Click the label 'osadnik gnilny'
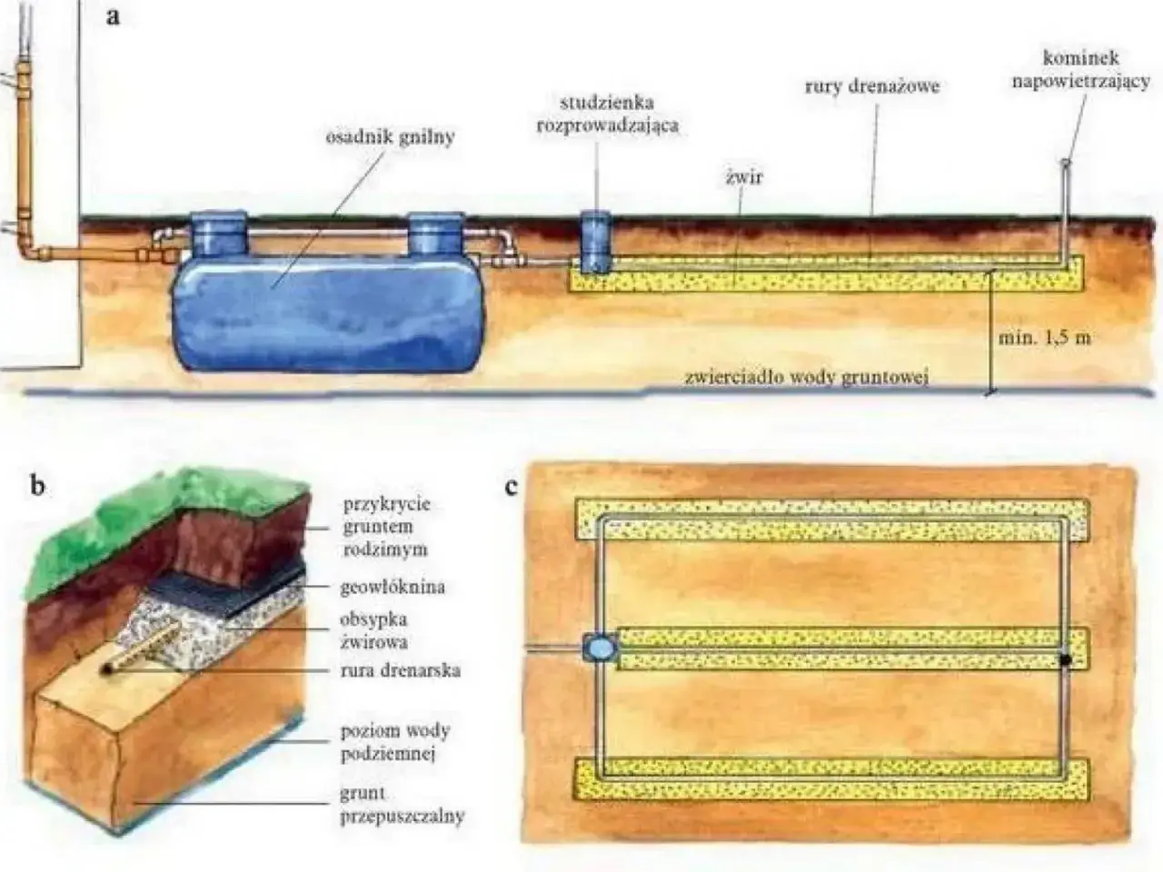pyautogui.click(x=391, y=138)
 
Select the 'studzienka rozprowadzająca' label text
pyautogui.click(x=608, y=114)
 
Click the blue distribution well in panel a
pyautogui.click(x=595, y=243)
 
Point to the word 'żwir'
pyautogui.click(x=744, y=177)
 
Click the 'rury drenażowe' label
pyautogui.click(x=872, y=86)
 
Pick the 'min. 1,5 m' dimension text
pyautogui.click(x=1044, y=337)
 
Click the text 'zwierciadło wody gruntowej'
pyautogui.click(x=807, y=378)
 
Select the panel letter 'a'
pyautogui.click(x=113, y=17)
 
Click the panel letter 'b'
pyautogui.click(x=37, y=485)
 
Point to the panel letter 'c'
pyautogui.click(x=511, y=485)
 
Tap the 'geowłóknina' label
pyautogui.click(x=393, y=587)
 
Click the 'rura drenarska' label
pyautogui.click(x=400, y=670)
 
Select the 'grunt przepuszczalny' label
pyautogui.click(x=402, y=806)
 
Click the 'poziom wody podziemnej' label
pyautogui.click(x=395, y=742)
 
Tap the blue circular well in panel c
pyautogui.click(x=600, y=647)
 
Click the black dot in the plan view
pyautogui.click(x=1066, y=659)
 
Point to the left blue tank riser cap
pyautogui.click(x=218, y=233)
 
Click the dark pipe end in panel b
pyautogui.click(x=107, y=669)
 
